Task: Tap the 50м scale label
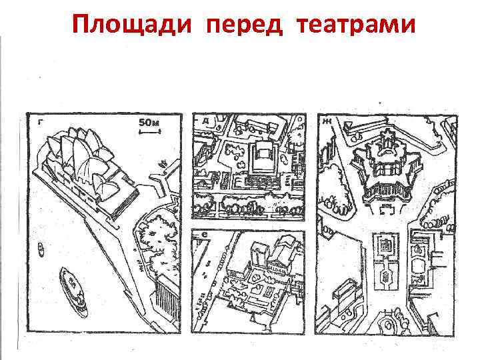coord(149,123)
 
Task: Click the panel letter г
coord(41,122)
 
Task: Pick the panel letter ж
coord(327,122)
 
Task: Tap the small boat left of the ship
coord(41,249)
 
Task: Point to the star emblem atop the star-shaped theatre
coord(385,140)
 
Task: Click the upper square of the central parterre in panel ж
coord(385,246)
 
